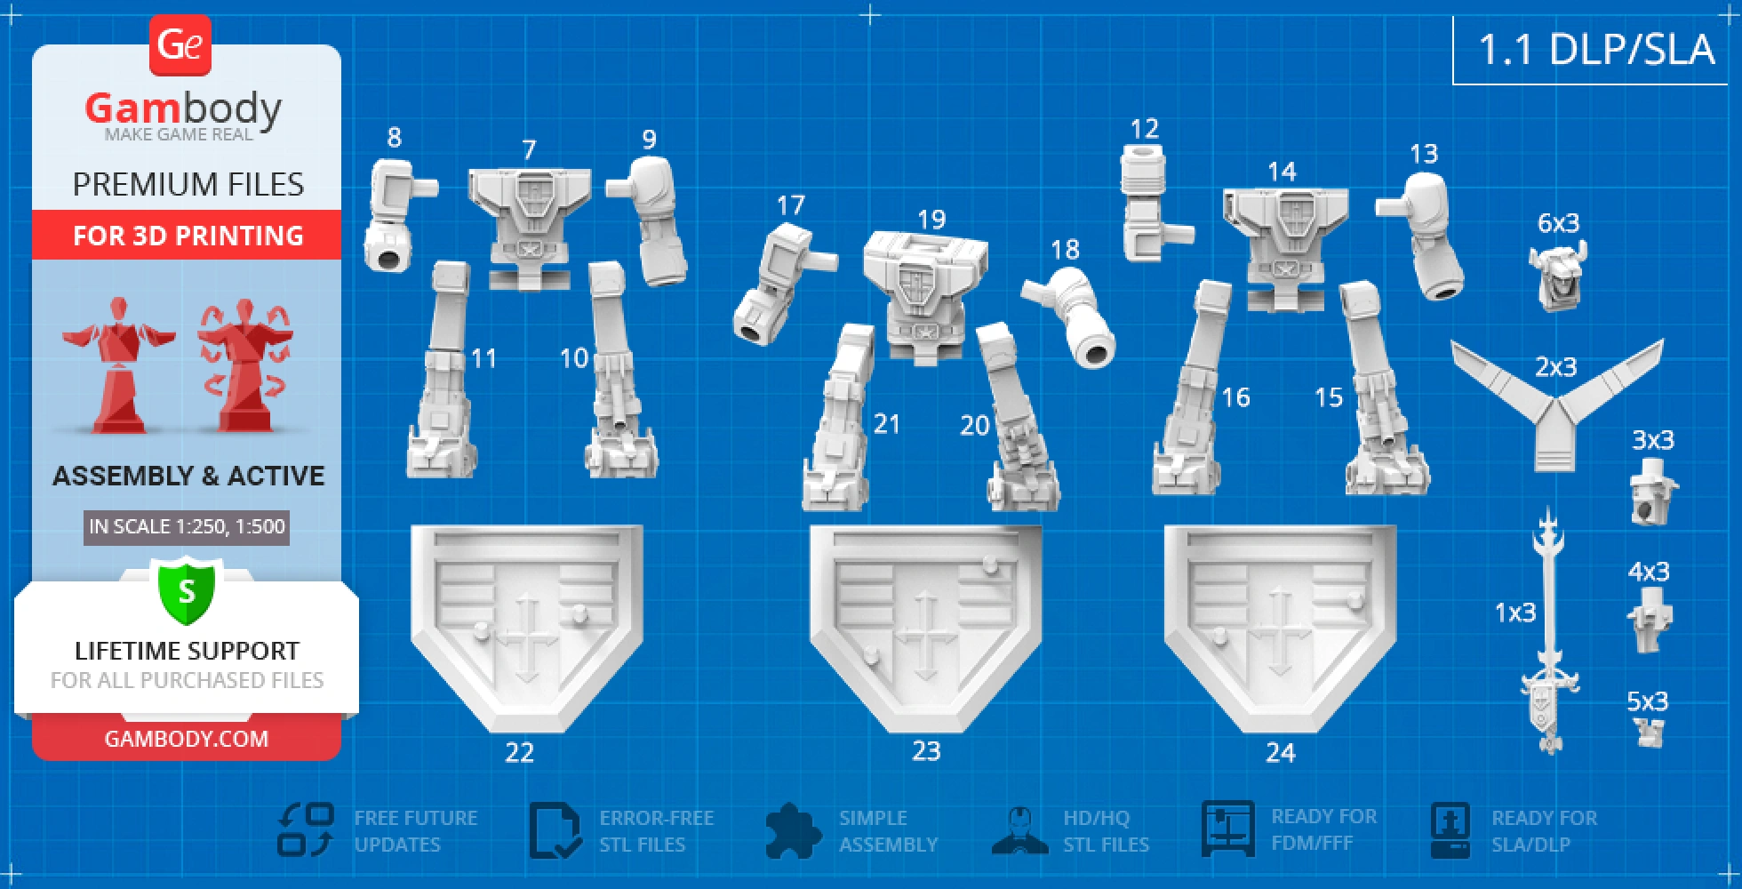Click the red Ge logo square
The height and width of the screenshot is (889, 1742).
click(180, 44)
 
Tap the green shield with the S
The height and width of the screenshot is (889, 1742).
click(187, 591)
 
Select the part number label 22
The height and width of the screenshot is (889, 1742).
click(519, 753)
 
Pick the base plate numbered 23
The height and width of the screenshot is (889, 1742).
click(925, 622)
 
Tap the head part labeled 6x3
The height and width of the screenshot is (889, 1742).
click(1558, 276)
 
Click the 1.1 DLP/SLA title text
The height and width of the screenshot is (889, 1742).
click(1596, 49)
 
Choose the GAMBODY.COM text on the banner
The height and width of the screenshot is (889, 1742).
click(187, 739)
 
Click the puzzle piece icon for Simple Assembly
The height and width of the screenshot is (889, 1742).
click(791, 831)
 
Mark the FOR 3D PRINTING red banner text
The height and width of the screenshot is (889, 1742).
click(188, 236)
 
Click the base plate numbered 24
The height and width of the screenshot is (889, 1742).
click(1280, 622)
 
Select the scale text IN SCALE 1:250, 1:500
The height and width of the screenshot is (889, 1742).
click(187, 526)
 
